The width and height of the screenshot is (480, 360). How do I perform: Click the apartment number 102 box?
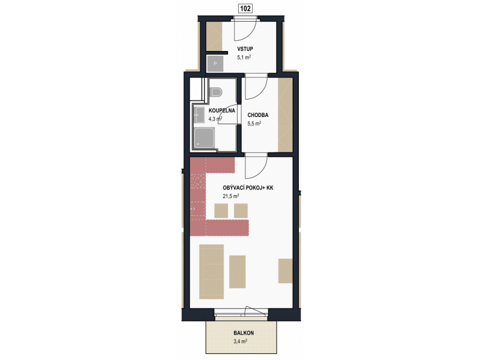coord(245,8)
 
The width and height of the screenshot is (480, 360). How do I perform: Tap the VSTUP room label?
coord(245,49)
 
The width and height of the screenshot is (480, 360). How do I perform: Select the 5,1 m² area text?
coord(244,57)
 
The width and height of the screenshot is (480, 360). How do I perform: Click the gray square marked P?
coord(215,64)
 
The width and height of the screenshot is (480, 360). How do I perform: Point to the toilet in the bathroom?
coord(216,92)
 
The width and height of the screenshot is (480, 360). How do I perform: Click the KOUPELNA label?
coord(221,110)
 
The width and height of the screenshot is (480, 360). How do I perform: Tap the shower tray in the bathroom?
coord(205,138)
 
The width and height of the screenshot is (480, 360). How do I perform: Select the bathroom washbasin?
coord(200,115)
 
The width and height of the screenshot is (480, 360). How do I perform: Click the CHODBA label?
coord(258,115)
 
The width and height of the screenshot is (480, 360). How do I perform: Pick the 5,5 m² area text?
coord(254,124)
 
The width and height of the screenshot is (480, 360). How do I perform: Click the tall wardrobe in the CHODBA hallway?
coord(286,115)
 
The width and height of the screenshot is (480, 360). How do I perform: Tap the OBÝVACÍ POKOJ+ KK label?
coord(248,188)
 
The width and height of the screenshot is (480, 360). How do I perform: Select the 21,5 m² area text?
coord(231,196)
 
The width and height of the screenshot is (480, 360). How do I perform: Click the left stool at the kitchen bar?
coord(221,211)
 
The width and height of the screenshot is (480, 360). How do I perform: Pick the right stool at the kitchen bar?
coord(241,211)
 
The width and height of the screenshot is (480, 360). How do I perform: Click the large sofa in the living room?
coord(212,272)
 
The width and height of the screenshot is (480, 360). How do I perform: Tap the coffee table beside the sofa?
coord(238,272)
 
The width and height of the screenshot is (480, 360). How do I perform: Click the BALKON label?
coord(244,333)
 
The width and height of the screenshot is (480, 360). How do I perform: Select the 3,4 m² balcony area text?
coord(241,341)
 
